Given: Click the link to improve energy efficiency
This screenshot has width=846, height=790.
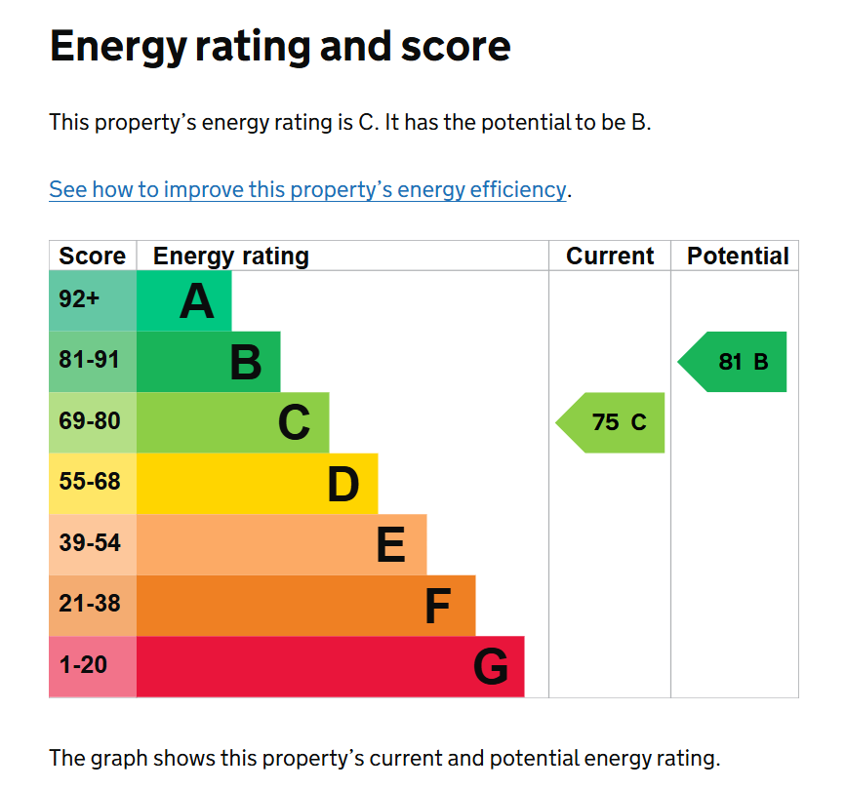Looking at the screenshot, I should point(307,189).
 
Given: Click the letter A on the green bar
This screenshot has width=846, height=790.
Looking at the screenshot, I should point(196,301).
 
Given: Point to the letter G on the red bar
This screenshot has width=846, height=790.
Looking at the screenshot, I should point(491,668).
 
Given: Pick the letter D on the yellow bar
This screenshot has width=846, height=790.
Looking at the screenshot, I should point(342,485).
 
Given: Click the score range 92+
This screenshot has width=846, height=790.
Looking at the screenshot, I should point(79,299).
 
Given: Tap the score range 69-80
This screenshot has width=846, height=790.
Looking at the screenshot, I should point(89,422).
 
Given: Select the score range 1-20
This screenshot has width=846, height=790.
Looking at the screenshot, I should point(83,666).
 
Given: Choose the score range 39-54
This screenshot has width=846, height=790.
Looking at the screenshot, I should point(89,544).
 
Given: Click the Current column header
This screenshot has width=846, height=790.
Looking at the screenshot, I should point(610,257).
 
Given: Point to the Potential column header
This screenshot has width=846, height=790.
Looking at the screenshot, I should point(738,257).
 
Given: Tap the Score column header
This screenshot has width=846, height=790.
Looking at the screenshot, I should point(93,257).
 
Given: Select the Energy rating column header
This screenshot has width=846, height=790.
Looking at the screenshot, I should point(231,257).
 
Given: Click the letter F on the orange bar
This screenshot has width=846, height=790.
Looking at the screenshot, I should point(437,607).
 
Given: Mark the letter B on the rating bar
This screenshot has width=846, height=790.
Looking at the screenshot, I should point(245,363).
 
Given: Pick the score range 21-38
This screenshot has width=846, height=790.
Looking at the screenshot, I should point(89,605).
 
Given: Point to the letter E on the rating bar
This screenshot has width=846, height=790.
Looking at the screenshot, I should point(390,545).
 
